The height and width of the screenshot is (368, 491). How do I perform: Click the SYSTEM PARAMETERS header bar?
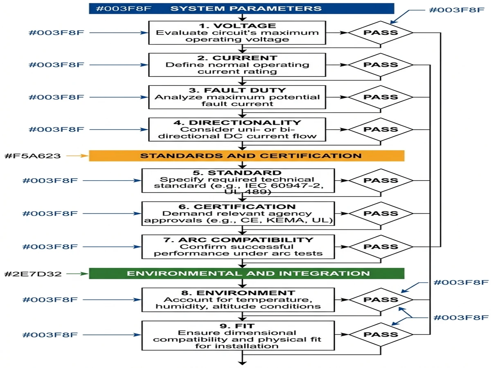click(241, 9)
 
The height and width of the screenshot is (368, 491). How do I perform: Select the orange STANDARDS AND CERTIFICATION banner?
click(247, 156)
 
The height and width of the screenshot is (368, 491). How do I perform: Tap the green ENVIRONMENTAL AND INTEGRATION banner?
click(247, 274)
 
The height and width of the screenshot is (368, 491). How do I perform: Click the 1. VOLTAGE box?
click(237, 33)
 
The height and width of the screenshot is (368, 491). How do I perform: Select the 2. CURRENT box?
click(237, 65)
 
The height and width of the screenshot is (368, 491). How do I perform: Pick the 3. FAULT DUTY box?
click(237, 97)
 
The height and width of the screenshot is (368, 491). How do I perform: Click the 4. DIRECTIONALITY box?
click(237, 129)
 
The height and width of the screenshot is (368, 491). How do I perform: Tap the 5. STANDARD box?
click(238, 180)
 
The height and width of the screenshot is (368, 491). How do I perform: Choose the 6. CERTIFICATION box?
click(238, 213)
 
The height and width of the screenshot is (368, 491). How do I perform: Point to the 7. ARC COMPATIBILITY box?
click(238, 247)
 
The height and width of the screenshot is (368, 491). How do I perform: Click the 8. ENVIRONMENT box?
click(238, 300)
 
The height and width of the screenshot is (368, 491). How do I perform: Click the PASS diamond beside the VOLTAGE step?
click(381, 32)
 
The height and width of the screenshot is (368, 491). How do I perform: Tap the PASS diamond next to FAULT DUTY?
click(381, 97)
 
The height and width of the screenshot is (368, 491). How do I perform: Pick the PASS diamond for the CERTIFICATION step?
click(381, 213)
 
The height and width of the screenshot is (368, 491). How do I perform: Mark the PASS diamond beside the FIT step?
click(381, 334)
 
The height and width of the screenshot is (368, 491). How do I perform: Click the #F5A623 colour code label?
click(32, 156)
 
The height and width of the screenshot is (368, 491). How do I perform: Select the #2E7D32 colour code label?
click(32, 274)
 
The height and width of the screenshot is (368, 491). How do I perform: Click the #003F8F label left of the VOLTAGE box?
click(56, 32)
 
